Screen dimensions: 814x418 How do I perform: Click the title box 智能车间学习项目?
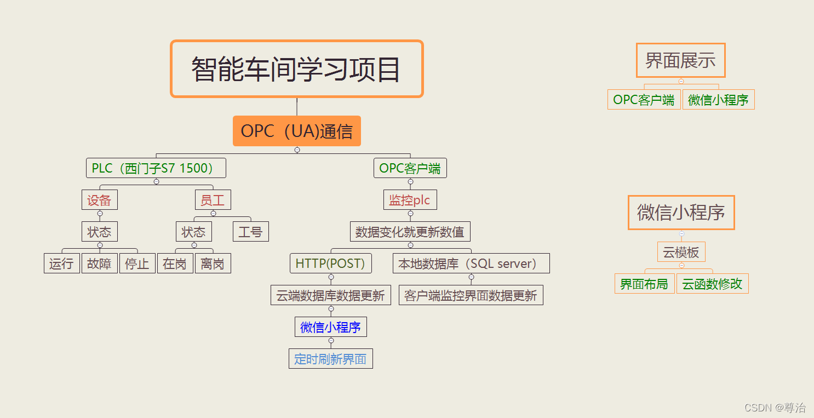[296, 69]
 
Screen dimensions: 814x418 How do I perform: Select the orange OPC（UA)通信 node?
[296, 131]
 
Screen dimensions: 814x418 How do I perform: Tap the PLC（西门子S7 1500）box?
[156, 168]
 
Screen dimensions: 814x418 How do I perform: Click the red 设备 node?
[99, 200]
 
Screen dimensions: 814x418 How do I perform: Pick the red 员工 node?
[213, 200]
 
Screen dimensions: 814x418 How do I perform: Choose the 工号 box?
[250, 232]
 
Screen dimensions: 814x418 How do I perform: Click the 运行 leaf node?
[61, 264]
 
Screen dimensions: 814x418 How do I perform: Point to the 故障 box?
[99, 264]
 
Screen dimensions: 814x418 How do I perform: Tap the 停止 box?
[137, 264]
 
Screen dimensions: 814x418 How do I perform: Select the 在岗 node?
[175, 264]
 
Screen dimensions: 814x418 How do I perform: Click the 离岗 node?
[213, 264]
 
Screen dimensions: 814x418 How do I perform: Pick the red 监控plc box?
[410, 200]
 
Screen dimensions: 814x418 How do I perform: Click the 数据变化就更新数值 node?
[410, 232]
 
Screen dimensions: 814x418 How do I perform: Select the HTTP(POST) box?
[330, 264]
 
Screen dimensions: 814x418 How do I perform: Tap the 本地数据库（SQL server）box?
[471, 264]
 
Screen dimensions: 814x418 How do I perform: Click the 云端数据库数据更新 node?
[330, 295]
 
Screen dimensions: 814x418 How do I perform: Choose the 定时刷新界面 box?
[330, 359]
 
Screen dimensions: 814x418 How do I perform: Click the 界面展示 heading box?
[680, 60]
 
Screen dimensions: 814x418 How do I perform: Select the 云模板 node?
[681, 252]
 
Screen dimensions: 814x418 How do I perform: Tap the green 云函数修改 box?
[712, 284]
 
